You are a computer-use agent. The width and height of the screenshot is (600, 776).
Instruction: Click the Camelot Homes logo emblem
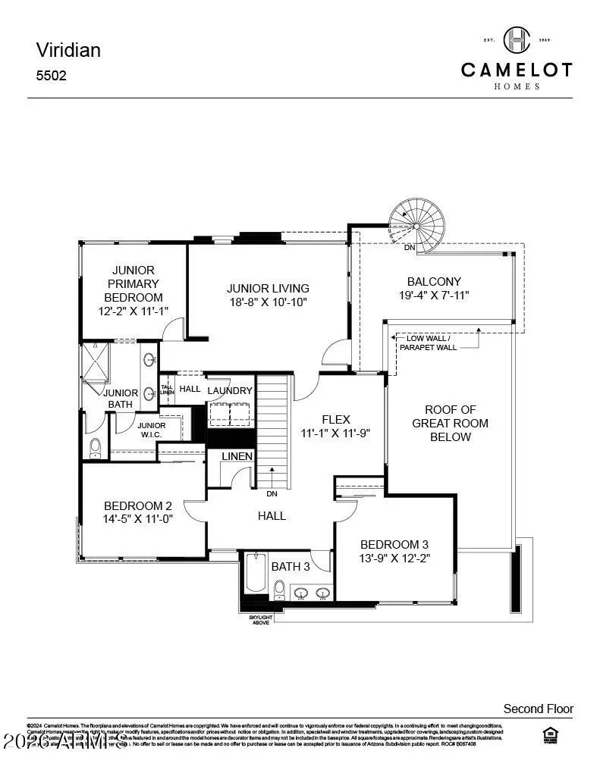[x=517, y=40]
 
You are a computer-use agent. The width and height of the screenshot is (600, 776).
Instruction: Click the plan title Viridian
[x=68, y=50]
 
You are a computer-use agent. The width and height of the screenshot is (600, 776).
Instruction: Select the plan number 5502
[x=52, y=76]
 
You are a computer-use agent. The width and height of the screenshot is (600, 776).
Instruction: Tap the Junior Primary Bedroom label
[x=134, y=283]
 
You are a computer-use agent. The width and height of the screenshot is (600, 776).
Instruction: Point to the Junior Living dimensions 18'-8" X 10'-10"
[x=268, y=302]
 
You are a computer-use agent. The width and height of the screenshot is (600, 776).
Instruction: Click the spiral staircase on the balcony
[x=414, y=223]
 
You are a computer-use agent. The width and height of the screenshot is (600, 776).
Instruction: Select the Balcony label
[x=434, y=281]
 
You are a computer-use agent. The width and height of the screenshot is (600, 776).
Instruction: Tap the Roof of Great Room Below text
[x=451, y=423]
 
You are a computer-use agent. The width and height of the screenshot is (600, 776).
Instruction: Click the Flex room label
[x=336, y=419]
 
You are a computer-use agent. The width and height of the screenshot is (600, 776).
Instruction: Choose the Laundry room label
[x=230, y=390]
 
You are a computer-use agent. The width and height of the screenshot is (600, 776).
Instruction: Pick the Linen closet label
[x=237, y=456]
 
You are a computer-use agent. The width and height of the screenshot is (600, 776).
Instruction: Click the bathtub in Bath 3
[x=253, y=577]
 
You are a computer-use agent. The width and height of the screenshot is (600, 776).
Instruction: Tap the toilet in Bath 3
[x=279, y=590]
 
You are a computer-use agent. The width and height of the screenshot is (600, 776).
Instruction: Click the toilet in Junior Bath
[x=96, y=449]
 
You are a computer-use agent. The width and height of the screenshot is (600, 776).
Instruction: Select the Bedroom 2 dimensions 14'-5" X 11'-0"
[x=138, y=520]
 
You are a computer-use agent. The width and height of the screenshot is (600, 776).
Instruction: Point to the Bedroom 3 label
[x=394, y=544]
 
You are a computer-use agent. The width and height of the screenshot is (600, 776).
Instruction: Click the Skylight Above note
[x=260, y=620]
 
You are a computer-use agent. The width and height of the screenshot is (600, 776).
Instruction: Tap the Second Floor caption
[x=539, y=709]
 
